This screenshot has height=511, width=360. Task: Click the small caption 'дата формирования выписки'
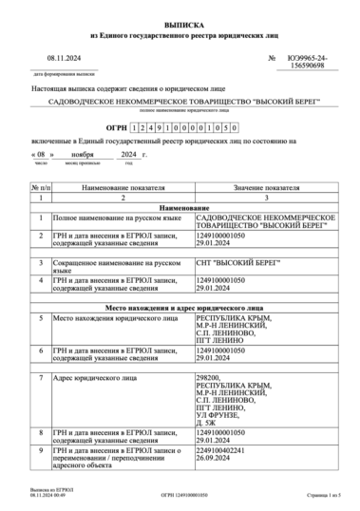click(x=65, y=72)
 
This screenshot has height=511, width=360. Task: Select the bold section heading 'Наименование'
click(x=180, y=207)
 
